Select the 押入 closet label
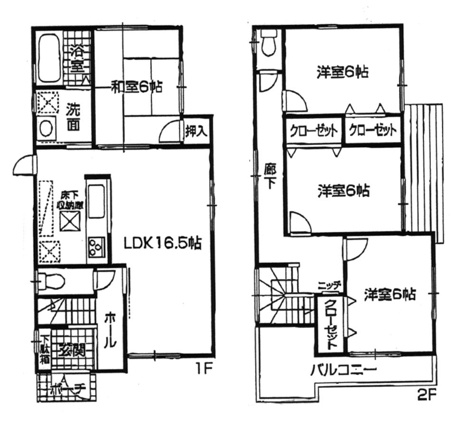(x=196, y=131)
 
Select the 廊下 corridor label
(x=269, y=176)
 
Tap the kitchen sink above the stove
(x=96, y=201)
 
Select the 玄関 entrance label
(x=72, y=350)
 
